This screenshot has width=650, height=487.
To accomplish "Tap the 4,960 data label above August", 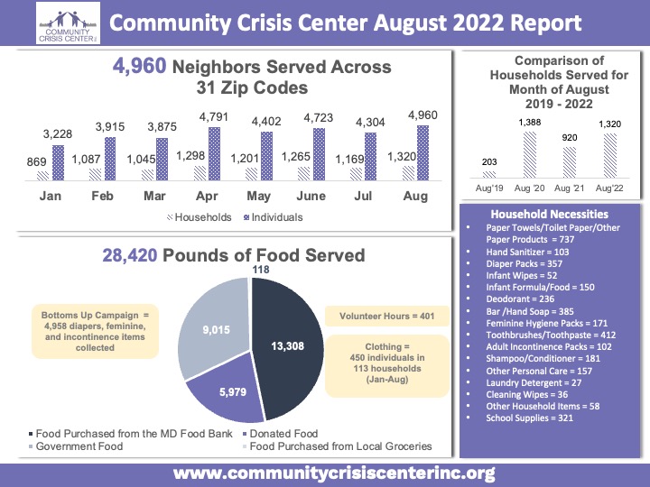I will pos(425,115).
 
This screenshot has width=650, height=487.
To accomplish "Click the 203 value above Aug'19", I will pos(488,162).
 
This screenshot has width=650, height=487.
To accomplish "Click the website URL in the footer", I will pos(334,473).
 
